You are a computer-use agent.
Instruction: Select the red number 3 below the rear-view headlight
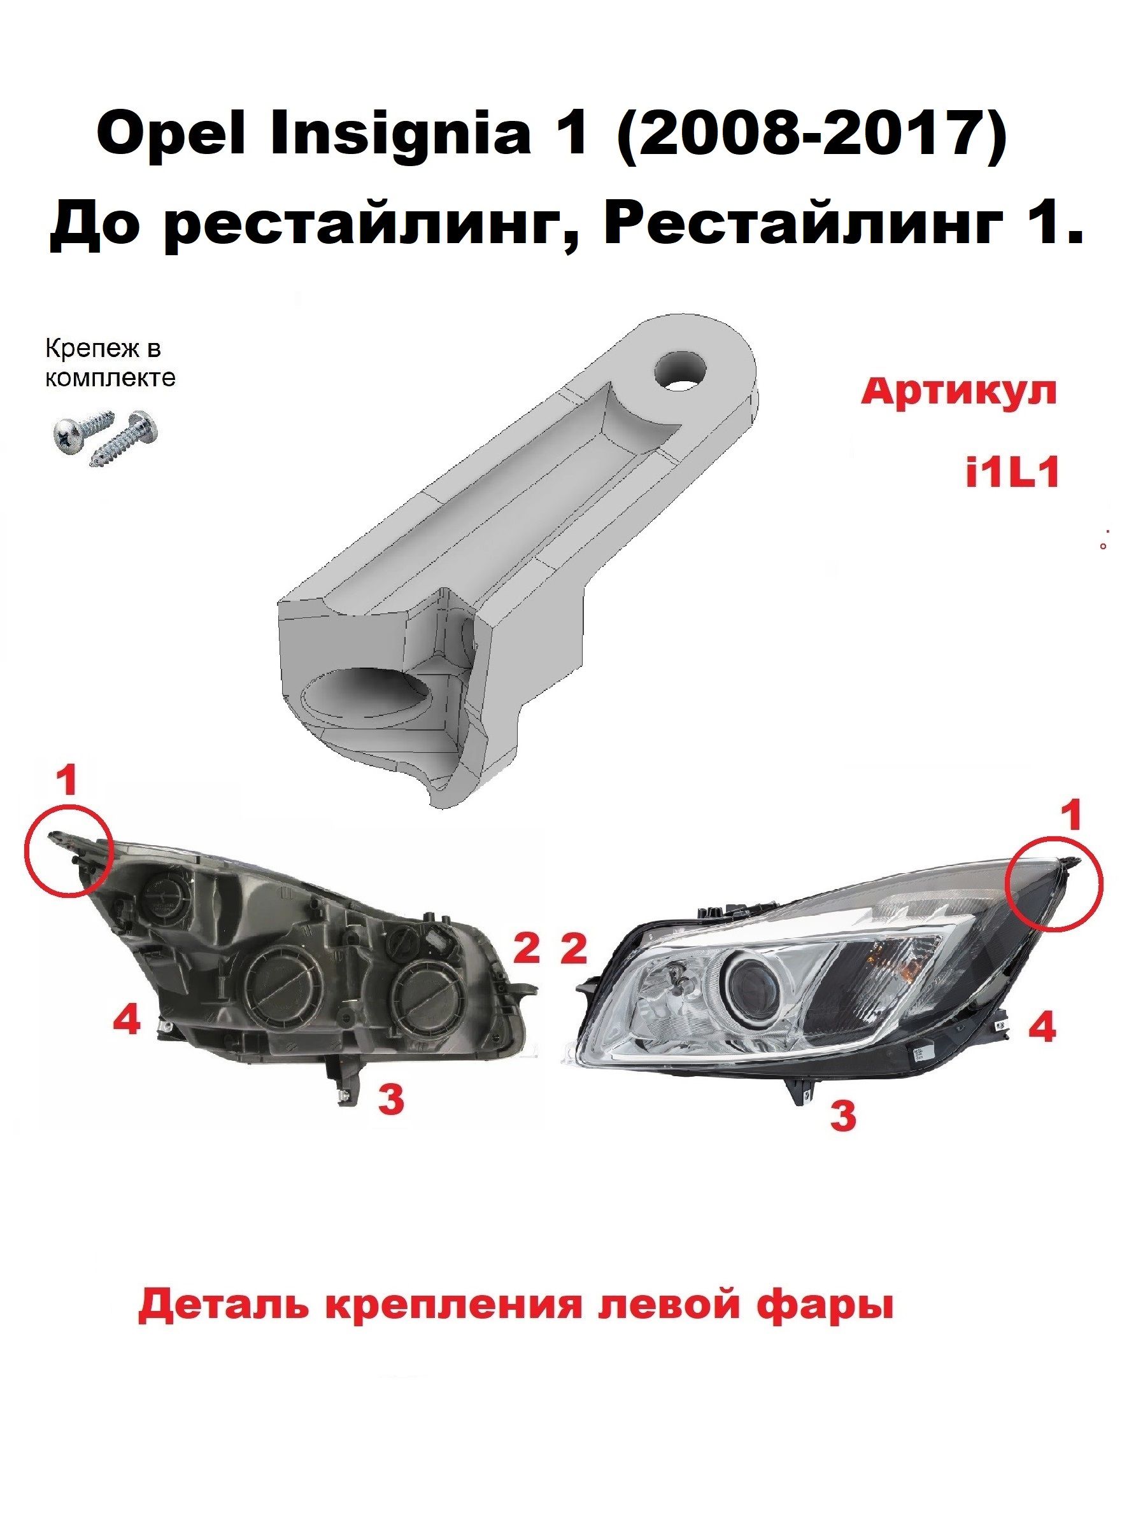(x=390, y=1099)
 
